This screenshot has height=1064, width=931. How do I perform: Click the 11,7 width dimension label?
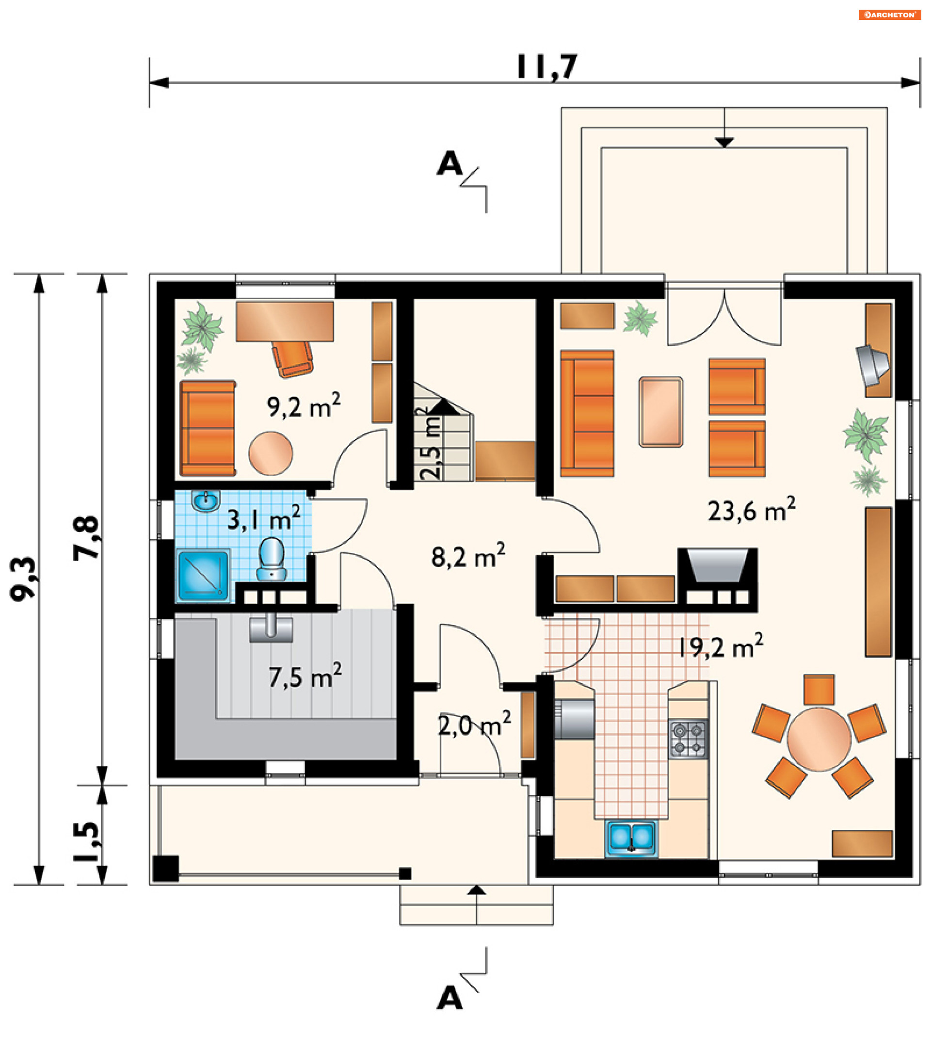tap(547, 67)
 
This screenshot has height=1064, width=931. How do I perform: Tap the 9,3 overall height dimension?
tap(24, 579)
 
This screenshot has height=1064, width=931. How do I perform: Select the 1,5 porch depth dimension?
tap(86, 841)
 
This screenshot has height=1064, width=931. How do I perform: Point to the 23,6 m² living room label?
tap(751, 510)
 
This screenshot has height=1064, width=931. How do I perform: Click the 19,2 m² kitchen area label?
tap(721, 646)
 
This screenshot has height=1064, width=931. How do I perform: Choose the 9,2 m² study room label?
tap(304, 406)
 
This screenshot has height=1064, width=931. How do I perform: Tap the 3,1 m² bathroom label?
tap(264, 518)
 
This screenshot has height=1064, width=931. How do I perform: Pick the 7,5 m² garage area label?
tap(305, 676)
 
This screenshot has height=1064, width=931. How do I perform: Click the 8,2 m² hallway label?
tap(468, 556)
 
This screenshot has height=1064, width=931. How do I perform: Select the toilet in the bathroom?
tap(271, 559)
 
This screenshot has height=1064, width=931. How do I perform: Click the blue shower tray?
tap(203, 576)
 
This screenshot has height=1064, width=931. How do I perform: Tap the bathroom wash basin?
tap(206, 501)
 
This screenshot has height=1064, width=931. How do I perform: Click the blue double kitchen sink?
tap(631, 838)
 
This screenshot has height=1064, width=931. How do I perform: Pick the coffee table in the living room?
tap(661, 411)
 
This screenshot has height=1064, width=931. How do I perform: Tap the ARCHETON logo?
tap(889, 15)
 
